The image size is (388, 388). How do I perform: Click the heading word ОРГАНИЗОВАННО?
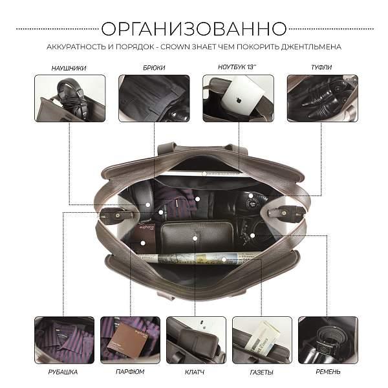[194, 29]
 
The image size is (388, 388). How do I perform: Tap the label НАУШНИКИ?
[69, 67]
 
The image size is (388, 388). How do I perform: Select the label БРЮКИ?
[154, 67]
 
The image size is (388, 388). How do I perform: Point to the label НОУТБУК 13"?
[238, 67]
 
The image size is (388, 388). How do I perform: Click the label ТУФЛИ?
[321, 67]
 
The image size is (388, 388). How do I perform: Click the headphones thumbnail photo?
[69, 98]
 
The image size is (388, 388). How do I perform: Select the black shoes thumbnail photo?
[321, 98]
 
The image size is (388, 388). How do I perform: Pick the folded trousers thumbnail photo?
[154, 98]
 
